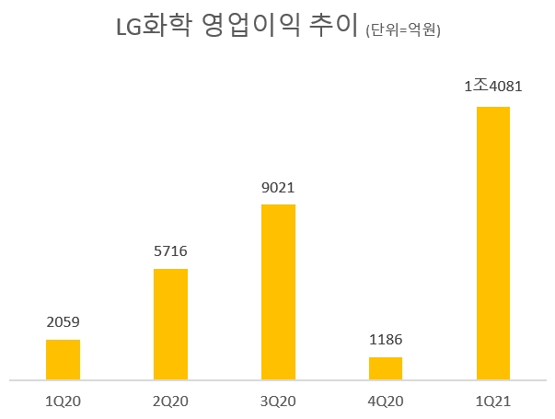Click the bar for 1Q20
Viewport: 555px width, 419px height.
pos(63,359)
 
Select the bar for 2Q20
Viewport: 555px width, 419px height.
pos(170,323)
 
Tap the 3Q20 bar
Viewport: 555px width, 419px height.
pos(278,291)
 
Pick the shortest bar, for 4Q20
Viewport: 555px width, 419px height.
pos(386,367)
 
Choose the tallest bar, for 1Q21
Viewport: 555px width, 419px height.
pos(492,242)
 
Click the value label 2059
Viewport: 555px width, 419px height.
pos(63,322)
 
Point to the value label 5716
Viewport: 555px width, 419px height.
pos(170,250)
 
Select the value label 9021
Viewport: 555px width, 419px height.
pos(278,187)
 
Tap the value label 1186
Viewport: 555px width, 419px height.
pos(386,340)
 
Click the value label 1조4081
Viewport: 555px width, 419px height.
pos(492,87)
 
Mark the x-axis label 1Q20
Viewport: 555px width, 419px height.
pos(63,401)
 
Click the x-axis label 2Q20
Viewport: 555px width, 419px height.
pos(170,401)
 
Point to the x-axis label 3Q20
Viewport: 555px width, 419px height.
pos(278,401)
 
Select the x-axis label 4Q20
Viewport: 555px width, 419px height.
pos(386,401)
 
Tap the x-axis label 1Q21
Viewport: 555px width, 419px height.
pos(492,401)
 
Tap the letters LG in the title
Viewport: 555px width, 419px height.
pos(128,28)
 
